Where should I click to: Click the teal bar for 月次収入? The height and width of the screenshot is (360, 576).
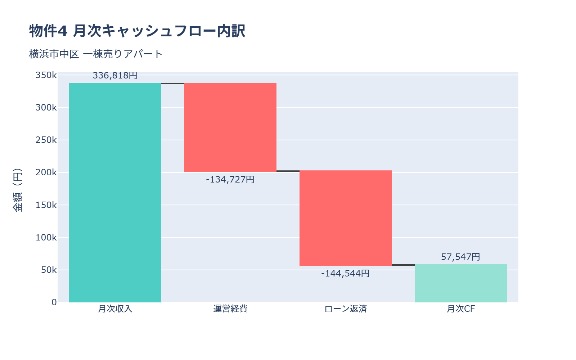[x=115, y=193]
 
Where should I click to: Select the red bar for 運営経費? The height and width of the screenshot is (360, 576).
[x=230, y=127]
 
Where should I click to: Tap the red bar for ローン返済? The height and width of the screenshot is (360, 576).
[x=346, y=218]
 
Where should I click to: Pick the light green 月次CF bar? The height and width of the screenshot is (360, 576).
[x=461, y=283]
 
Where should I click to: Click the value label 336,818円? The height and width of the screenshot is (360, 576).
[x=115, y=76]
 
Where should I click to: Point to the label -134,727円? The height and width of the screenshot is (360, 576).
[x=230, y=179]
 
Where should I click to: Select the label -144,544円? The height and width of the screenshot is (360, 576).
[x=346, y=274]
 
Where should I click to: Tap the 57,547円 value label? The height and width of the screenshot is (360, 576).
[x=461, y=257]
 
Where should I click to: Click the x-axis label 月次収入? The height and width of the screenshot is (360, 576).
[x=115, y=309]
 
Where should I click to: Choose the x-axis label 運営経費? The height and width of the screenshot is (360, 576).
[x=230, y=309]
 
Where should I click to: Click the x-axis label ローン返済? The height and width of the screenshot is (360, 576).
[x=346, y=309]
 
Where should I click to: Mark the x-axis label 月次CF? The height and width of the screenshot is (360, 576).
[x=461, y=309]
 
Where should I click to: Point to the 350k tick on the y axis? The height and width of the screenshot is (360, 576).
[x=46, y=75]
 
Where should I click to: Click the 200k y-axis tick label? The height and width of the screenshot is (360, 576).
[x=46, y=172]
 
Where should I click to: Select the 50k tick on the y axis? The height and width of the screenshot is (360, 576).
[x=49, y=270]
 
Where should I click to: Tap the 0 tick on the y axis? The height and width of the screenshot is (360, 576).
[x=54, y=302]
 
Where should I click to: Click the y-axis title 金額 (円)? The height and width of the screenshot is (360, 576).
[x=17, y=190]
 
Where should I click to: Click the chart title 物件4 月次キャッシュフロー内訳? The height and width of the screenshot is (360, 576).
[x=137, y=31]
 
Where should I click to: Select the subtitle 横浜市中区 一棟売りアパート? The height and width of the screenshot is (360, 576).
[x=96, y=54]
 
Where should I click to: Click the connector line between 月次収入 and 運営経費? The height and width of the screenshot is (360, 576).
[x=173, y=84]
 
